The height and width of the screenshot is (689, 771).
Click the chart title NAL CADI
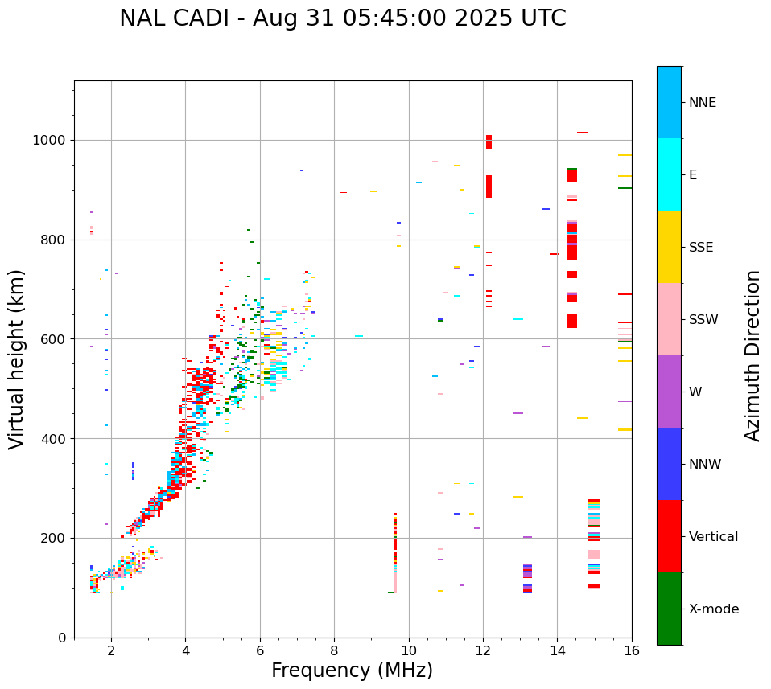(343, 18)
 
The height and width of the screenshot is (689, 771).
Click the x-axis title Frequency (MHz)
(352, 671)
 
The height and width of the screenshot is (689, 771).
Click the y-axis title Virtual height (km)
(18, 359)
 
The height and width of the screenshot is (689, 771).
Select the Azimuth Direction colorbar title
(752, 355)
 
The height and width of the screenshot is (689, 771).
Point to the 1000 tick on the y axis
(53, 140)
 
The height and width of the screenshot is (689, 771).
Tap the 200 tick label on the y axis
(56, 538)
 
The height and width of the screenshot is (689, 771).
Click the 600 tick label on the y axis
(56, 339)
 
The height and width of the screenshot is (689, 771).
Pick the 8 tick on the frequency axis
(334, 650)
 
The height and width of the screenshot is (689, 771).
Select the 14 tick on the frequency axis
(558, 650)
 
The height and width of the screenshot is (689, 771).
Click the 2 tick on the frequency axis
(111, 650)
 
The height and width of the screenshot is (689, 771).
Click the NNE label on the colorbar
(702, 103)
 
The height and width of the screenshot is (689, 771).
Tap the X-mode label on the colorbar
(713, 609)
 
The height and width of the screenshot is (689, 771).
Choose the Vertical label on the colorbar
(713, 537)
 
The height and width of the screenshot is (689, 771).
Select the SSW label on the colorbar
(703, 320)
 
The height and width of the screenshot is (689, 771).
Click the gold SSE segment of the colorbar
(669, 247)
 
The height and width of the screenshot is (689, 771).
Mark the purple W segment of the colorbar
(669, 392)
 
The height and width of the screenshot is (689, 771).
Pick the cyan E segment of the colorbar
(669, 174)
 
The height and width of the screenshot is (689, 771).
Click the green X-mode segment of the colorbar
(669, 609)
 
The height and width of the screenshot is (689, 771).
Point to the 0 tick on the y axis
(63, 638)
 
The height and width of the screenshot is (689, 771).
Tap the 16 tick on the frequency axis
(632, 650)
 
